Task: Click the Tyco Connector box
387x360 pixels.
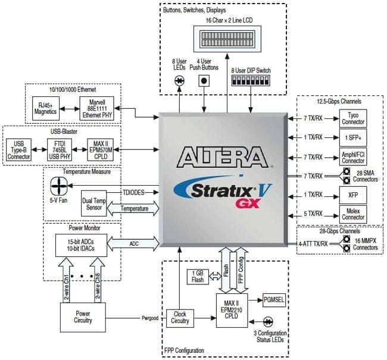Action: pyautogui.click(x=352, y=118)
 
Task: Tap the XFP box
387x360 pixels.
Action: pyautogui.click(x=352, y=195)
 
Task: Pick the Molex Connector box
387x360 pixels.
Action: pyautogui.click(x=352, y=214)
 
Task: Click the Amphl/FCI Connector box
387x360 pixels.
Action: pyautogui.click(x=352, y=157)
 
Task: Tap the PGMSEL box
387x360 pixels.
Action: pyautogui.click(x=273, y=300)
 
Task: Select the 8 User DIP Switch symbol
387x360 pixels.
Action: pyautogui.click(x=250, y=79)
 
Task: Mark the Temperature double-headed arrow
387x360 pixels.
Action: pyautogui.click(x=136, y=209)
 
